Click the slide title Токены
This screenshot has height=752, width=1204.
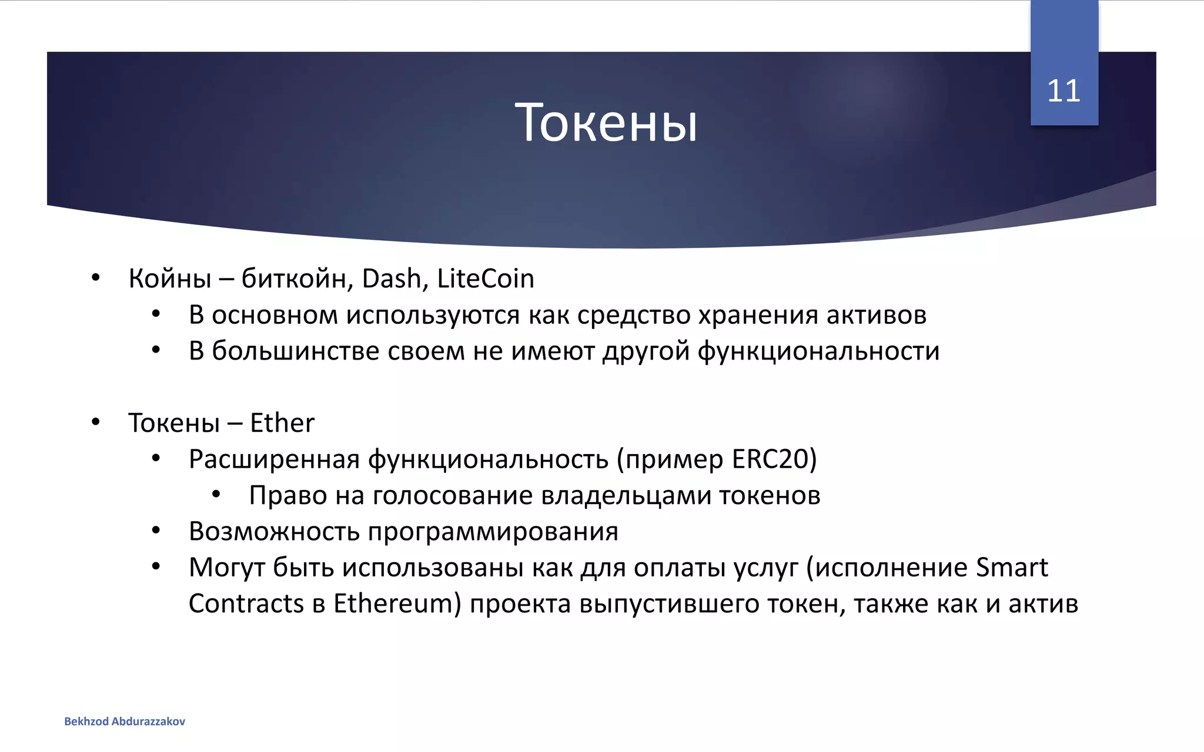[x=606, y=123]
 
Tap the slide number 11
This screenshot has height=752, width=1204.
[x=1063, y=91]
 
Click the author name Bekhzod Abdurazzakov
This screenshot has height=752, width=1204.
[x=125, y=721]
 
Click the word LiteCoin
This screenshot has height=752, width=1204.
[x=486, y=278]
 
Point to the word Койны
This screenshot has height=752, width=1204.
[x=170, y=278]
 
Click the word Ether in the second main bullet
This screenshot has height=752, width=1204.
[x=282, y=423]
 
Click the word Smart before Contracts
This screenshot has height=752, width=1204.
[x=1012, y=568]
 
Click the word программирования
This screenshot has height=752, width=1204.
[x=493, y=532]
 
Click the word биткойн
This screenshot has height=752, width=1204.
[x=297, y=278]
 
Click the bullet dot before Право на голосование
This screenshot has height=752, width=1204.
[x=216, y=495]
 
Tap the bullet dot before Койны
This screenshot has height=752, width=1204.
[x=96, y=278]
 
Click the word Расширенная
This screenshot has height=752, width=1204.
[x=274, y=459]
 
